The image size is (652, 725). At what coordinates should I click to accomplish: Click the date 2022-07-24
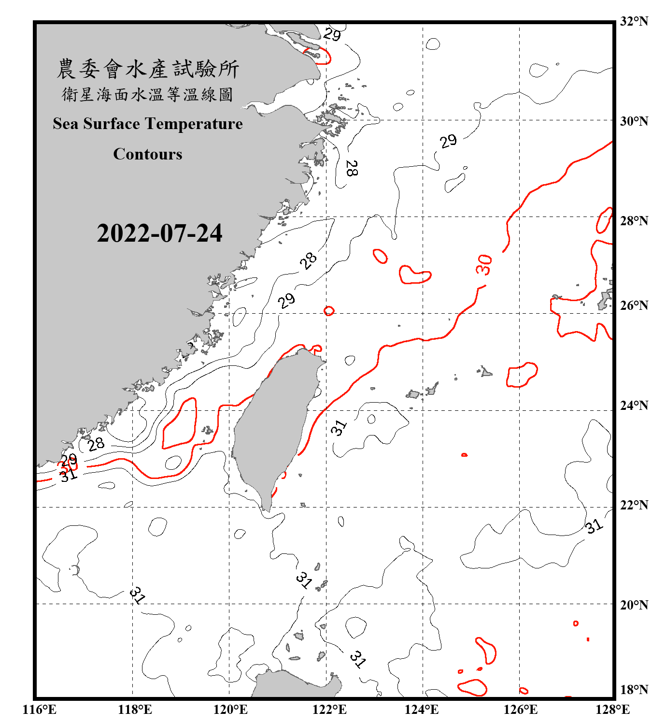[x=159, y=233]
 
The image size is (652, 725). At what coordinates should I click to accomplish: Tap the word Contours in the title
[x=148, y=154]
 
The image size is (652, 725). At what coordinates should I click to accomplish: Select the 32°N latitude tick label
[x=634, y=21]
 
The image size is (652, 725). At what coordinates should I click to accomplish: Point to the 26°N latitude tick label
[x=634, y=305]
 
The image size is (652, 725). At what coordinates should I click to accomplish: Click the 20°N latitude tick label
[x=634, y=605]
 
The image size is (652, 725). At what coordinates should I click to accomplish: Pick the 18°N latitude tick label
[x=634, y=690]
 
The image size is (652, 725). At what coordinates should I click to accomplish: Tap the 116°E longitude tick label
[x=40, y=710]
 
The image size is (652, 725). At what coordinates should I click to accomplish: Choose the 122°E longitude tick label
[x=329, y=710]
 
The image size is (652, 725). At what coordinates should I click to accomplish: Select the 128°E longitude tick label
[x=612, y=710]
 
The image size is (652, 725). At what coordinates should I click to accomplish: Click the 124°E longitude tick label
[x=422, y=710]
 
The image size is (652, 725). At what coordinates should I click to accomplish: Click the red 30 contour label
[x=484, y=265]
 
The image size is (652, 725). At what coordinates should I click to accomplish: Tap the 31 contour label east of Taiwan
[x=339, y=427]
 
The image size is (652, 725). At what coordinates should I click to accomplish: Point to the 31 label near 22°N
[x=594, y=526]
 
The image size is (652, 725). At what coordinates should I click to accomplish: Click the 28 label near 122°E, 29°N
[x=352, y=168]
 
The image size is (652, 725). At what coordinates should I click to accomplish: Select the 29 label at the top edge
[x=332, y=34]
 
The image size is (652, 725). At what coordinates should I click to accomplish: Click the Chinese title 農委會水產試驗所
[x=148, y=69]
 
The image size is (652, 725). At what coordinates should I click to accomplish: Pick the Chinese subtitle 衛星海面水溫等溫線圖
[x=148, y=95]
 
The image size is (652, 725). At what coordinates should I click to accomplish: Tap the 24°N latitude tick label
[x=634, y=406]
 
